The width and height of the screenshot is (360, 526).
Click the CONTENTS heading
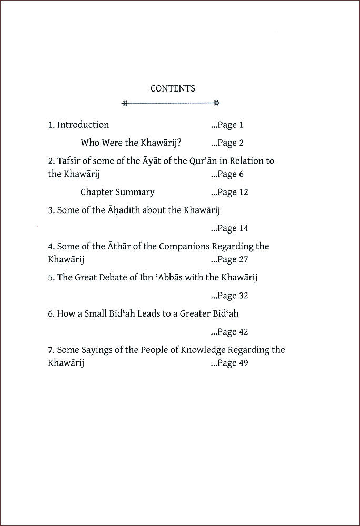coord(173,89)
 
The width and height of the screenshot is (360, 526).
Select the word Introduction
coord(83,125)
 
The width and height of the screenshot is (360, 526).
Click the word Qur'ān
coord(211,161)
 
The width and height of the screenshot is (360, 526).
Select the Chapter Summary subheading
coord(117,193)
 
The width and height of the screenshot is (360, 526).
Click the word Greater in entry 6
coord(196,314)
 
